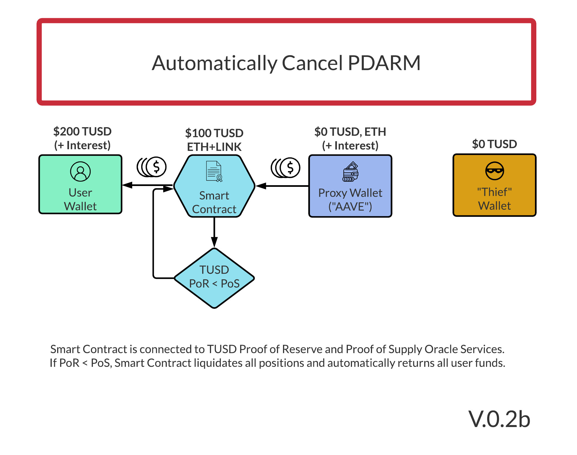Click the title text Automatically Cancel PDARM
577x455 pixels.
click(286, 63)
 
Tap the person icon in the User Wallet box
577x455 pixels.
click(80, 171)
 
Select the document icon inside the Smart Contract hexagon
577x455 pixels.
click(214, 171)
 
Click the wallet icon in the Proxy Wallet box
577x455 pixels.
click(350, 172)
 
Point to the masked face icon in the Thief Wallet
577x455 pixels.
click(495, 171)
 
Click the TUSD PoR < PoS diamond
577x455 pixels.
click(214, 278)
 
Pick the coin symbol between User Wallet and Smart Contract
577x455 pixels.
click(152, 167)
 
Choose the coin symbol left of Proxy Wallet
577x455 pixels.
click(285, 168)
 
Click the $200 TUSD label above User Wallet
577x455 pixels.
click(82, 132)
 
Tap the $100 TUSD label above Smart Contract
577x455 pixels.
click(214, 133)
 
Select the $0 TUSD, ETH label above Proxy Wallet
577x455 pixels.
click(350, 132)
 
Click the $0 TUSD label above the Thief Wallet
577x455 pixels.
click(495, 144)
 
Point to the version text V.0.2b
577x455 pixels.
click(499, 419)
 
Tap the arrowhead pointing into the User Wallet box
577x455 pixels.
click(127, 185)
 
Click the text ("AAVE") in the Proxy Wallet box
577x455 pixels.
click(350, 207)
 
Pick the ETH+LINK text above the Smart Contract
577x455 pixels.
click(214, 147)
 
